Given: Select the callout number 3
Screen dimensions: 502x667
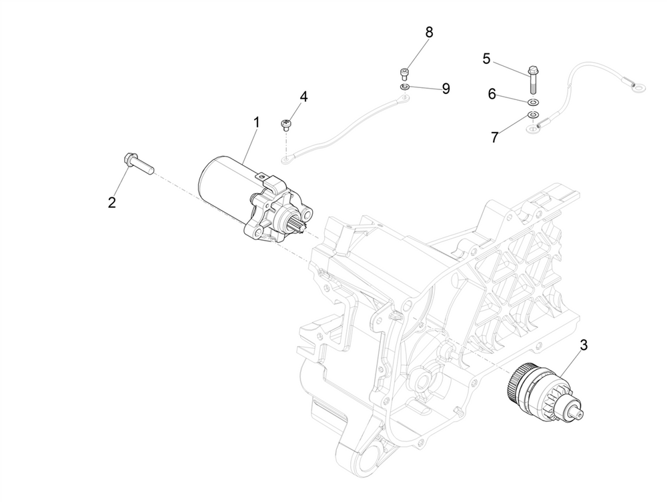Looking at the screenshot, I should (x=584, y=345).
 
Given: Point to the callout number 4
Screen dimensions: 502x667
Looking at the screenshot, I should (x=303, y=97).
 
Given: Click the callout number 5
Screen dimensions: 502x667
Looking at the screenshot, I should (x=487, y=59).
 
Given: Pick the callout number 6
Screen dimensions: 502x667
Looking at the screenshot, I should (x=492, y=95).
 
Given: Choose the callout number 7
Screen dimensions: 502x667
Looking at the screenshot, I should (x=494, y=137).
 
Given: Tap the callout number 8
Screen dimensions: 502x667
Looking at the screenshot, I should (x=429, y=32).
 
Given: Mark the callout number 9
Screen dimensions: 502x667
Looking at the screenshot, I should (x=446, y=88).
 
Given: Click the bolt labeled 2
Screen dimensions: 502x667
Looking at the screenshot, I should (x=137, y=161).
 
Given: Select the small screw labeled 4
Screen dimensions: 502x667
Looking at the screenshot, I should (x=286, y=124).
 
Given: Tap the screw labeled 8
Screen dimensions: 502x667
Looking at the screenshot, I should (x=404, y=73).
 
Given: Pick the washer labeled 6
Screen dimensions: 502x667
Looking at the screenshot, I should (x=532, y=103).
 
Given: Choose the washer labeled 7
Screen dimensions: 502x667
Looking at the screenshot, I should (x=532, y=115).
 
